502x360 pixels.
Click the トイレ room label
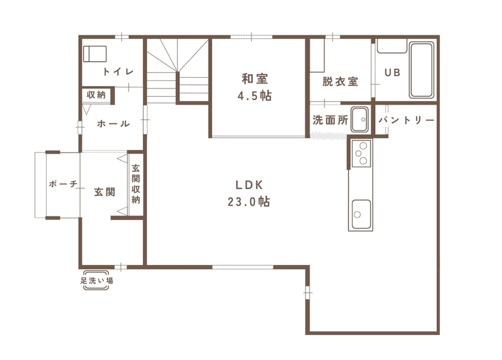[x=118, y=72]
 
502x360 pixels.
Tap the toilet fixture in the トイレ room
[x=94, y=54]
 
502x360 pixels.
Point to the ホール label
[x=113, y=124]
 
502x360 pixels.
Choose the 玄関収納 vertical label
[x=136, y=184]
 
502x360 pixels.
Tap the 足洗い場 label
[x=97, y=280]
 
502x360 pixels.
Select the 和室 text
[x=254, y=78]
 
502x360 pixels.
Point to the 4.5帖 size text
[x=254, y=96]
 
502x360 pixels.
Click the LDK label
[x=249, y=184]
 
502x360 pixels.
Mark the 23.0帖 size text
[x=249, y=202]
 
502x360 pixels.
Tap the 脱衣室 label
[x=340, y=81]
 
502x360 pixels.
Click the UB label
[x=392, y=72]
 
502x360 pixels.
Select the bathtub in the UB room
[x=422, y=70]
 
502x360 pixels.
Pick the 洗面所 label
[x=330, y=120]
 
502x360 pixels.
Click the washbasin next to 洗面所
[x=360, y=119]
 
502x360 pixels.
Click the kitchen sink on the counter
[x=360, y=211]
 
